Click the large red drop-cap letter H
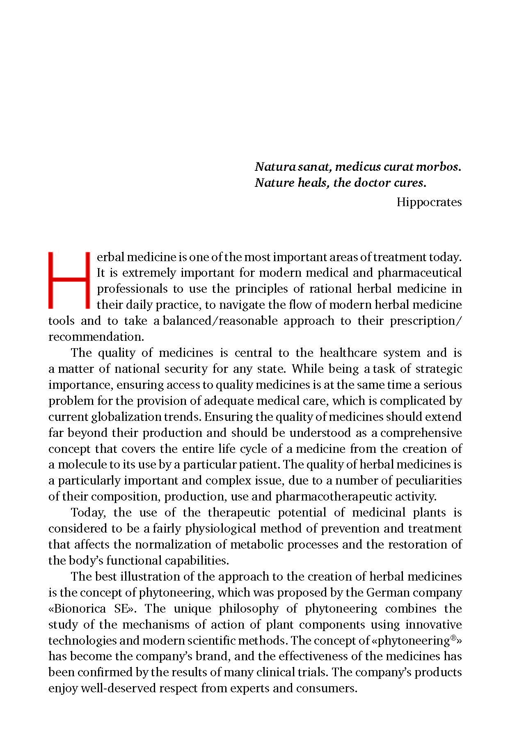click(x=69, y=280)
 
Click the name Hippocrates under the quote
click(x=429, y=202)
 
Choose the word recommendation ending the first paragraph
click(x=96, y=337)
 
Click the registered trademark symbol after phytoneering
click(x=454, y=638)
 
